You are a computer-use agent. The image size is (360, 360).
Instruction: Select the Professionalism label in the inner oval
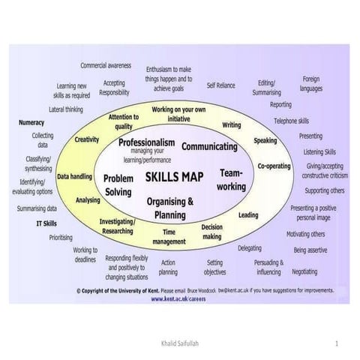tap(147, 142)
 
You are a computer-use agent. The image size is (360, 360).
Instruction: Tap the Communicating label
tap(209, 145)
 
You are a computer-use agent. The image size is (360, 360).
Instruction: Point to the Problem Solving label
tap(118, 185)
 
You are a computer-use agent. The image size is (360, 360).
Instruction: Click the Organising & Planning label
tap(170, 207)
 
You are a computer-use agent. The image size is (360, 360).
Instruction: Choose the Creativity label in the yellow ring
tap(87, 139)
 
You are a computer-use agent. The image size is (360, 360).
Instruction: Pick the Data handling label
tap(74, 177)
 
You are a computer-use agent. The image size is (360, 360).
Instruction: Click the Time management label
tap(169, 238)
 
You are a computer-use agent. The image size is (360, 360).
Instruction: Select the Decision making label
tap(211, 231)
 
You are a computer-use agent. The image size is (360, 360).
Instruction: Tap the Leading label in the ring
tap(248, 214)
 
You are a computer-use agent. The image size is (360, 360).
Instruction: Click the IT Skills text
tap(46, 223)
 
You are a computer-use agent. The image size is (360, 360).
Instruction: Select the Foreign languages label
tap(311, 83)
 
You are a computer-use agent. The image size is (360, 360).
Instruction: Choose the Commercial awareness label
tap(105, 65)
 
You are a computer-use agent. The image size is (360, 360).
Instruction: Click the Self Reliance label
tap(220, 85)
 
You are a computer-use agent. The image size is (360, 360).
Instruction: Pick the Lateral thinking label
tap(66, 109)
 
